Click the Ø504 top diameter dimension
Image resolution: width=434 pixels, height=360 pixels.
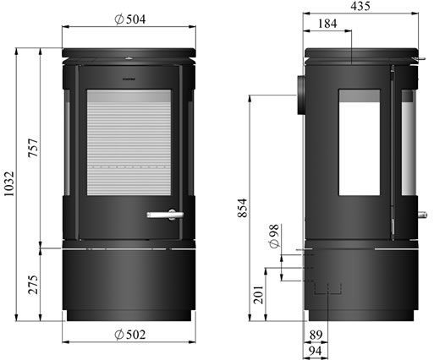tap(131, 20)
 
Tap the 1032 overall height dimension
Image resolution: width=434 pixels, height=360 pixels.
tap(9, 184)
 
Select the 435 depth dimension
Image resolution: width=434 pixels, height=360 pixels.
tap(360, 7)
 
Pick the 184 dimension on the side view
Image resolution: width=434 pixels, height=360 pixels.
tap(328, 25)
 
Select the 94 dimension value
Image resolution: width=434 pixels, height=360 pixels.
tap(316, 350)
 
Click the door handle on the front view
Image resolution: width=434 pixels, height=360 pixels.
tap(162, 215)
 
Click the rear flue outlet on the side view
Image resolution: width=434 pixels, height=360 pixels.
tap(301, 94)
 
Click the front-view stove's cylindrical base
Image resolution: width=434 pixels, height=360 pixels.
tap(131, 283)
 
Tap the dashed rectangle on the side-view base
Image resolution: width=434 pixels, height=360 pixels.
tap(326, 288)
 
